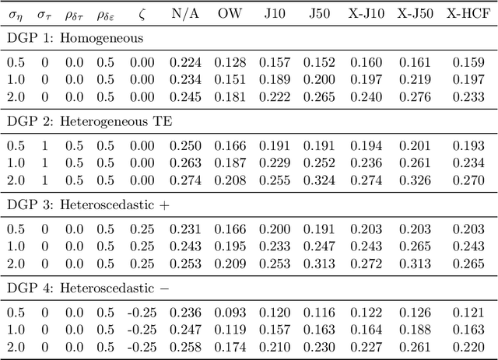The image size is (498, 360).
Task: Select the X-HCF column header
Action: pyautogui.click(x=468, y=13)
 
